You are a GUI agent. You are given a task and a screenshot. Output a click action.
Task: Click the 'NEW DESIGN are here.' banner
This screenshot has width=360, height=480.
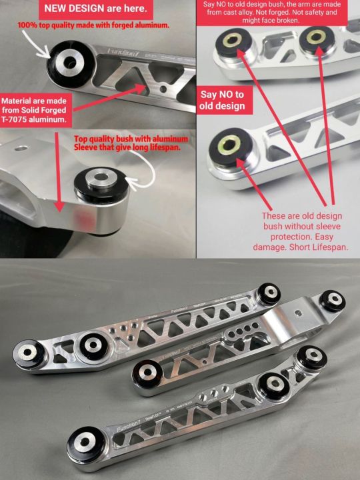click(99, 11)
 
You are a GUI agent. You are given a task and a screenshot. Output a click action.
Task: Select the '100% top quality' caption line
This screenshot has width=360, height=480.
click(93, 25)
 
